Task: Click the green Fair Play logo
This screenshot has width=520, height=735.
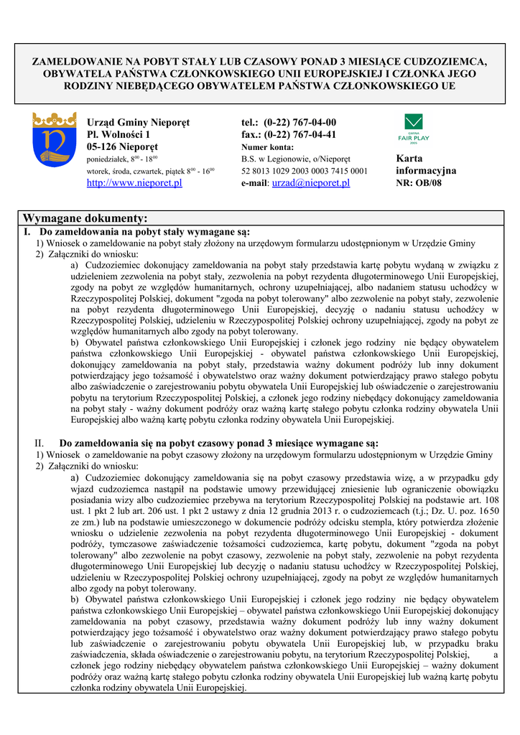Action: click(413, 128)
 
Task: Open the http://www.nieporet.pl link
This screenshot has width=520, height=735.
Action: click(134, 183)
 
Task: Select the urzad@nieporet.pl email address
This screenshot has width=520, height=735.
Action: click(310, 183)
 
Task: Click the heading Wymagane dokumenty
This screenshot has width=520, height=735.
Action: click(85, 218)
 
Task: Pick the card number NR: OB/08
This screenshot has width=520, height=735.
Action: click(419, 183)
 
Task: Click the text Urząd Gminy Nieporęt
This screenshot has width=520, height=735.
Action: click(138, 123)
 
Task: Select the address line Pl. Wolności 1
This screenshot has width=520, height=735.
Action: click(119, 135)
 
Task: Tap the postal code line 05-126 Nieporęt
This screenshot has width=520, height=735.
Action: click(127, 147)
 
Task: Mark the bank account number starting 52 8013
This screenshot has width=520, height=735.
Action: click(305, 171)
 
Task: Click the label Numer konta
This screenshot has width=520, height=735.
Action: click(268, 148)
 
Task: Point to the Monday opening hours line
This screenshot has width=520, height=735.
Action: click(122, 159)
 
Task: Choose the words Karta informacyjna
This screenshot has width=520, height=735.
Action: click(425, 164)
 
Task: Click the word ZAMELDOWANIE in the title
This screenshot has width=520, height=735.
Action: click(79, 60)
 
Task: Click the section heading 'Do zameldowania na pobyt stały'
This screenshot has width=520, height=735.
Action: click(144, 232)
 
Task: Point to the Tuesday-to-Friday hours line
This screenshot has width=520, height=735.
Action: click(151, 172)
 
